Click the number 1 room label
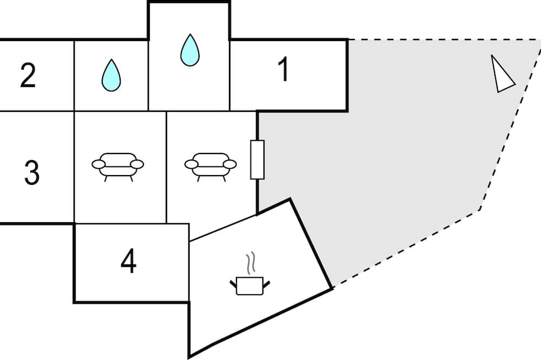[x=282, y=71]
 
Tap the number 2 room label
[x=28, y=76]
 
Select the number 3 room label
[x=32, y=172]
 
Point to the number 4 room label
[x=128, y=263]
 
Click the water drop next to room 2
[x=111, y=75]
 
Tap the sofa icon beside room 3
[x=118, y=164]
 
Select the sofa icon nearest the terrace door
[x=210, y=164]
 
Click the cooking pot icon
[x=249, y=285]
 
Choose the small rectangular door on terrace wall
[x=257, y=159]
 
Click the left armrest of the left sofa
[x=99, y=164]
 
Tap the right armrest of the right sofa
[x=230, y=164]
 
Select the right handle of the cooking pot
[x=266, y=282]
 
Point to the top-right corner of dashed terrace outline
[x=539, y=40]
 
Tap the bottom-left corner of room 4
[x=74, y=302]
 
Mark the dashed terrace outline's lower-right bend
[x=479, y=210]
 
